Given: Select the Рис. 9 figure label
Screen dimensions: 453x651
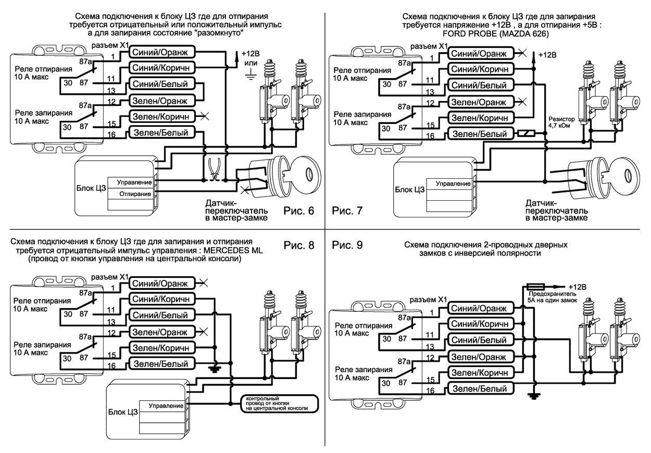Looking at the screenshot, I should point(346,245).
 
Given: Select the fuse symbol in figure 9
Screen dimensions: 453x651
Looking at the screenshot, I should point(536,286).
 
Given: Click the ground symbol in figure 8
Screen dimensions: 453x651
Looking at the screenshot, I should point(214,368).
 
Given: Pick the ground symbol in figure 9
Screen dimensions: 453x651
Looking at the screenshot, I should point(532,397).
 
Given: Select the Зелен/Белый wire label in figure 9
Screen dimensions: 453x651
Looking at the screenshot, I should point(479,388).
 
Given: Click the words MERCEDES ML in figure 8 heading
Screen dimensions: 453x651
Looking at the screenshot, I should point(234,250).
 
